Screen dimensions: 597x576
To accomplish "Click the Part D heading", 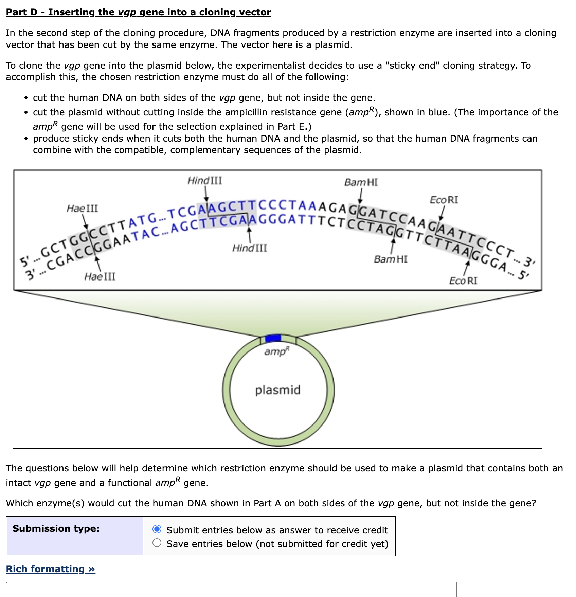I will (x=138, y=12).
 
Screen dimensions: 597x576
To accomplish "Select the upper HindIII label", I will (x=205, y=181).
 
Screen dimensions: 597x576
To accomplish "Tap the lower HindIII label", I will (x=250, y=248).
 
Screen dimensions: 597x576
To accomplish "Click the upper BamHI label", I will (x=361, y=182).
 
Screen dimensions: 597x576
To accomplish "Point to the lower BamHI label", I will (x=391, y=259).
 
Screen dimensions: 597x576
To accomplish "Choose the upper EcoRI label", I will (x=444, y=200).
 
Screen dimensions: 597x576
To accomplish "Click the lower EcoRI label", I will (x=463, y=281).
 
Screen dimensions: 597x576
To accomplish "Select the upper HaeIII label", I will (x=82, y=208).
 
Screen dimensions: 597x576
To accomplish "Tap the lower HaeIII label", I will (x=100, y=276).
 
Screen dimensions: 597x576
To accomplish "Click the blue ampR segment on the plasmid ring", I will (x=273, y=338).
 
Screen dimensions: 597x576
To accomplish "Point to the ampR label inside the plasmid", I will (x=277, y=351).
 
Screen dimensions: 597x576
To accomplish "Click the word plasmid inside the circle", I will (x=278, y=390).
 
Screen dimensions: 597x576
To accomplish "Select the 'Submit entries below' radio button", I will (x=157, y=529).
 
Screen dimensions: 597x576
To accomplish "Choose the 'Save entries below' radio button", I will (x=157, y=543).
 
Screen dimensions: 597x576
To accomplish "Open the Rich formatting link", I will (x=51, y=569).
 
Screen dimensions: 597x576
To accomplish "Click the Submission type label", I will (x=56, y=528).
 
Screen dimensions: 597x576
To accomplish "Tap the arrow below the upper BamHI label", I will (x=361, y=197).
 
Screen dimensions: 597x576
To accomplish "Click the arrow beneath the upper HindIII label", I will (x=206, y=194).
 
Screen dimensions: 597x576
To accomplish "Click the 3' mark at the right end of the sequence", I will (x=528, y=262).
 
